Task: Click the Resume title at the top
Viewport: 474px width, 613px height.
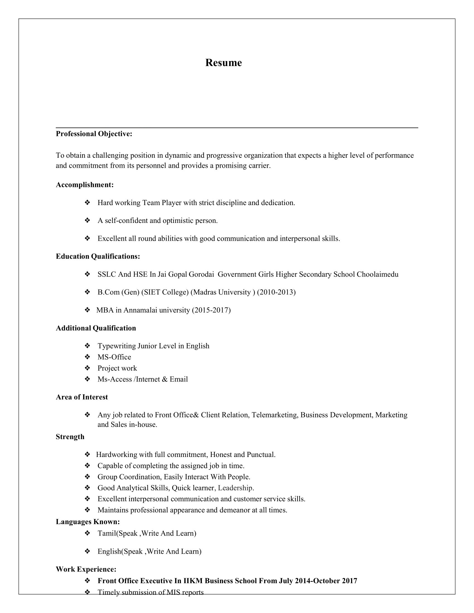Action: (223, 63)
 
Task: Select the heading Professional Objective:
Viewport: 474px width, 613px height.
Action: (94, 134)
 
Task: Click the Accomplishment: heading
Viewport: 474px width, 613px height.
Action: (84, 185)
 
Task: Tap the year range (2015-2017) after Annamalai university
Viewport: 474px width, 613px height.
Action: (211, 310)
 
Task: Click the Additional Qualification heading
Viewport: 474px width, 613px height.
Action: (96, 328)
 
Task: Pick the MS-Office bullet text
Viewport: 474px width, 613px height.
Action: (114, 357)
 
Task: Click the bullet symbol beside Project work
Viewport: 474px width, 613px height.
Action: (87, 368)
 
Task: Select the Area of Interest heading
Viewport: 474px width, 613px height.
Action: (82, 397)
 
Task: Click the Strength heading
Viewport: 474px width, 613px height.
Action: (70, 437)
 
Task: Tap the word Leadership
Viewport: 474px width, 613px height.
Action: (236, 488)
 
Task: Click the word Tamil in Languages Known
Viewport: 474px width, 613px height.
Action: (107, 533)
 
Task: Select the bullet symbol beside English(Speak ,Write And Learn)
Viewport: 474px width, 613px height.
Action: (87, 551)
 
